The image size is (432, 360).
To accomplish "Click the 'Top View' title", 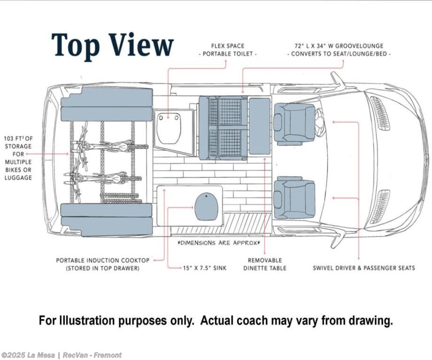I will (112, 46).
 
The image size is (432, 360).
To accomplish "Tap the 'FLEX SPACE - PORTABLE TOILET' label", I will (228, 50).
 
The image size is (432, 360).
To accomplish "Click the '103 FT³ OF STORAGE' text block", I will (18, 158).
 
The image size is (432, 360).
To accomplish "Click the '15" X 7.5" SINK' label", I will (204, 268).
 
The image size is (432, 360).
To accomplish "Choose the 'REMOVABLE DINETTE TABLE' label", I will (264, 264).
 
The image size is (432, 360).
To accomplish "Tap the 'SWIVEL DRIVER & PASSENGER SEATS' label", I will (364, 268).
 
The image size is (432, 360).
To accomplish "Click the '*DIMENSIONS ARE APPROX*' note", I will (218, 243).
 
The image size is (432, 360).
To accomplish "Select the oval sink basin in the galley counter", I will (206, 207).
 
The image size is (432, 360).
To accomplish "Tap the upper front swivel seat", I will (294, 123).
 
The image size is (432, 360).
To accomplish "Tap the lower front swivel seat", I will (294, 198).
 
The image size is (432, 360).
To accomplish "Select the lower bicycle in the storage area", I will (99, 178).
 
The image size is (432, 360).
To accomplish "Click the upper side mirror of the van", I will (337, 80).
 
